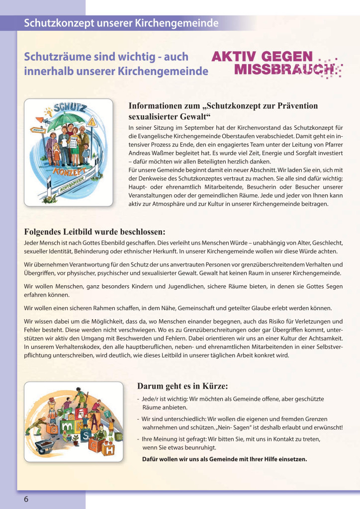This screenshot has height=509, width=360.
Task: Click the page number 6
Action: click(26, 499)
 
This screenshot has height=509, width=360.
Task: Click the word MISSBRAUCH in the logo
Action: click(283, 69)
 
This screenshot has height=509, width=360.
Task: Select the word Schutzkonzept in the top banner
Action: click(56, 23)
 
